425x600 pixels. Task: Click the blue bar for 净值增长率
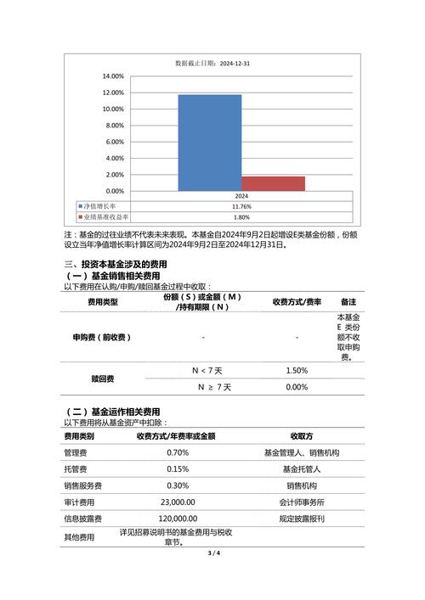(x=209, y=143)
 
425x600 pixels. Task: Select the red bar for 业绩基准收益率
(x=273, y=183)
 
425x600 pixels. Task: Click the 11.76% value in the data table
(x=241, y=206)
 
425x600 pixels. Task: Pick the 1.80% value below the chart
(x=241, y=217)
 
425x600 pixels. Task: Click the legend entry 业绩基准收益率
(x=105, y=217)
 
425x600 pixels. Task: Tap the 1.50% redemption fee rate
(x=297, y=370)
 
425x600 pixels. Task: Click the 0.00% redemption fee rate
(x=297, y=387)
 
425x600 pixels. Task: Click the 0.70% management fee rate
(x=178, y=452)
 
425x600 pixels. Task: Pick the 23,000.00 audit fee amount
(x=178, y=502)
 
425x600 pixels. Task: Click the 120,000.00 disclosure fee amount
(x=178, y=518)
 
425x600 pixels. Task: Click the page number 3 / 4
(x=212, y=553)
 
